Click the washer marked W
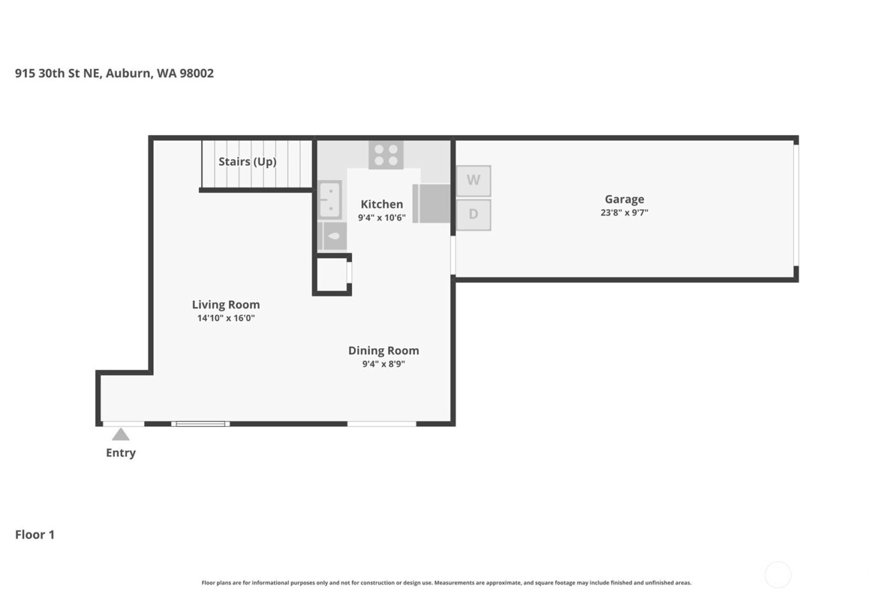473,180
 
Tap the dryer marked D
473,214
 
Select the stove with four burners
386,154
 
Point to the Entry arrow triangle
121,435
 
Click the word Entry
121,453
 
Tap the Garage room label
624,199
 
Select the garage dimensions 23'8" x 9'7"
624,213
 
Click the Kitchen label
381,204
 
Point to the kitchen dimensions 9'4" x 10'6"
381,218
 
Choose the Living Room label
226,304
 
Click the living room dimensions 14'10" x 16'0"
226,318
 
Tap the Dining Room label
383,350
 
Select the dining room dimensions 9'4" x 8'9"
383,364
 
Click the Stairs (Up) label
247,161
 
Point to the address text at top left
114,73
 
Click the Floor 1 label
35,534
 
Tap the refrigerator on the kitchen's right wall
432,203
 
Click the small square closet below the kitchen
332,274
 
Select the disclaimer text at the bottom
446,582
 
